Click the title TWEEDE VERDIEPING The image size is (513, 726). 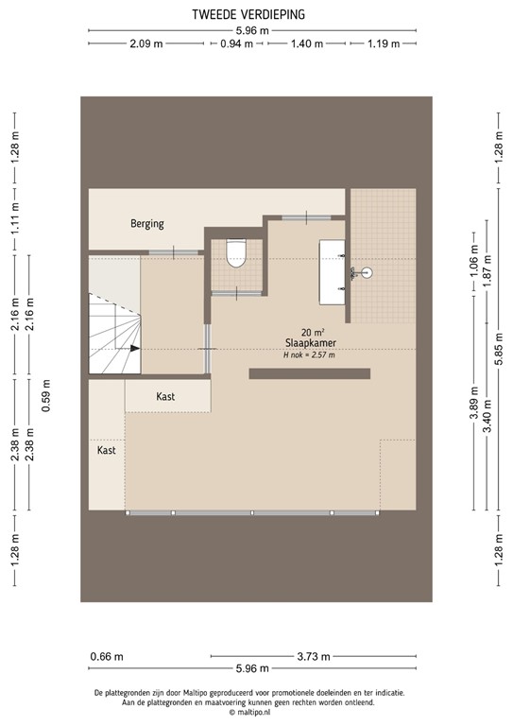point(255,15)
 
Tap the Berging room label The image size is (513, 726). point(146,224)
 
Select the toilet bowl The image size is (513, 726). point(236,253)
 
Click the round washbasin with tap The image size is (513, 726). point(367,273)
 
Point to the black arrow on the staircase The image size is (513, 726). point(134,348)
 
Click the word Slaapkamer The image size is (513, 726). point(311,343)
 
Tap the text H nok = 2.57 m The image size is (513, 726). point(309,355)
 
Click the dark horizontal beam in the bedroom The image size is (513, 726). point(309,373)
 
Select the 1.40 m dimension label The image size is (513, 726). point(307,44)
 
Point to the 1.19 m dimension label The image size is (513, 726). point(383,44)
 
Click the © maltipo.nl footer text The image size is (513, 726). point(255,714)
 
